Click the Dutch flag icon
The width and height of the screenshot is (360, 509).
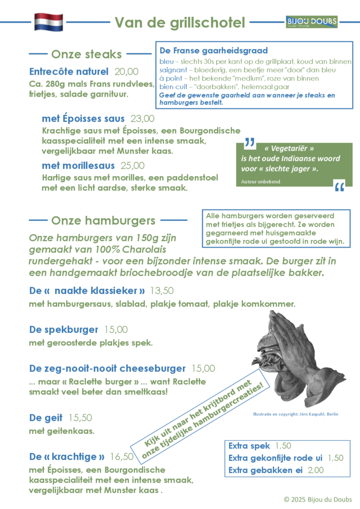(x=48, y=22)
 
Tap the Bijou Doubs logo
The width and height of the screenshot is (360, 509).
(x=312, y=22)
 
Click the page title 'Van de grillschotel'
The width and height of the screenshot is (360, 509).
(x=180, y=22)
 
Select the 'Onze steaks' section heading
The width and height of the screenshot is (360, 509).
(x=87, y=54)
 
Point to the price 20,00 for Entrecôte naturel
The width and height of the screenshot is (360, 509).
(x=126, y=71)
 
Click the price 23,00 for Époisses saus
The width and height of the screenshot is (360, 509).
(x=142, y=118)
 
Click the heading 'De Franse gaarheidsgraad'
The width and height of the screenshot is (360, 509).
(x=214, y=50)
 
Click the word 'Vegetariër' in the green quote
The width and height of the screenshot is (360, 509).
(x=289, y=149)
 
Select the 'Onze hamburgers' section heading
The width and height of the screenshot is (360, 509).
(x=103, y=220)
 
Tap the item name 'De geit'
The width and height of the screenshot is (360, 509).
(x=46, y=418)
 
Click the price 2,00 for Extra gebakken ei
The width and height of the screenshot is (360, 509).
(x=316, y=470)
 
